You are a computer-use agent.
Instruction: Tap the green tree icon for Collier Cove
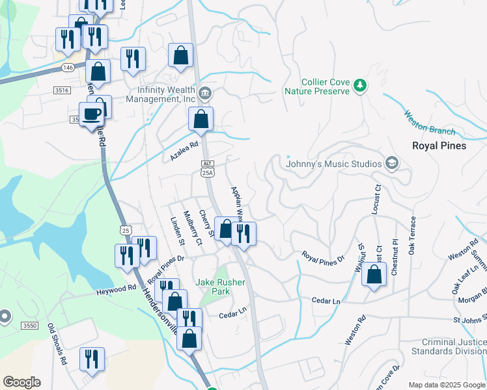point(359,85)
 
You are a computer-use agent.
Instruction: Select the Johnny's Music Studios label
point(333,164)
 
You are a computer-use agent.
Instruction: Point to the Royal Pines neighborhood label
point(439,146)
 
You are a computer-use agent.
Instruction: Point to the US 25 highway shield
point(126,229)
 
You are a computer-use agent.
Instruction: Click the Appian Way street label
point(236,203)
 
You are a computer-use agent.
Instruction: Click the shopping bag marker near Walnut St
point(374,275)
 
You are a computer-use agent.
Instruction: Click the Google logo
point(21,382)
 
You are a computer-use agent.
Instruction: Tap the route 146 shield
point(68,68)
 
